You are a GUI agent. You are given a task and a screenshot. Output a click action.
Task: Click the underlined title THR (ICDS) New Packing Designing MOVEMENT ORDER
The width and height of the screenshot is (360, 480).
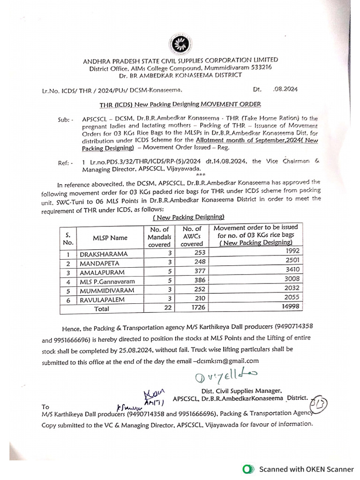pyautogui.click(x=180, y=104)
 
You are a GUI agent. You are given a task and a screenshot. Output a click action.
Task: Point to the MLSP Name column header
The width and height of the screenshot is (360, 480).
pyautogui.click(x=110, y=238)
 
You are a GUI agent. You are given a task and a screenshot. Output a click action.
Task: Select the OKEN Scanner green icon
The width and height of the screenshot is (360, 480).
pyautogui.click(x=248, y=469)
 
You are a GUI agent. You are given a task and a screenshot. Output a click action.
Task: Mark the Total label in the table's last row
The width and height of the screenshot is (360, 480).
pyautogui.click(x=102, y=309)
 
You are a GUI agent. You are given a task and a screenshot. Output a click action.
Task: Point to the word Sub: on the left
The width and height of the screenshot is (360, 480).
pyautogui.click(x=66, y=120)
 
